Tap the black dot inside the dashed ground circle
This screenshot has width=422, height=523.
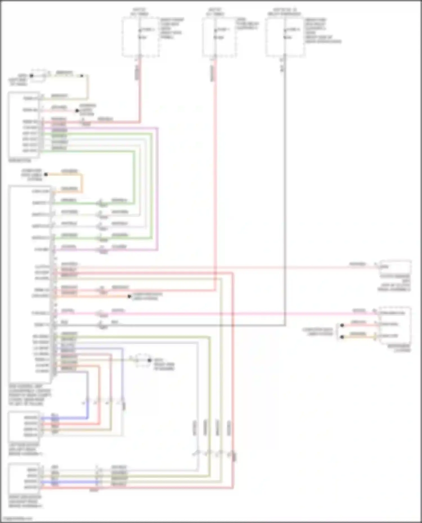point(149,360)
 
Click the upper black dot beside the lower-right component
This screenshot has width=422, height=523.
point(342,325)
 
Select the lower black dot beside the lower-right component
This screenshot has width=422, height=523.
point(342,337)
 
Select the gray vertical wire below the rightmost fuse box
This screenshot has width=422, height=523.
point(285,197)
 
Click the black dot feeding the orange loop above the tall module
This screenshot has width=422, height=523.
point(46,175)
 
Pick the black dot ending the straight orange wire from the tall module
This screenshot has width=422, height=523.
point(129,296)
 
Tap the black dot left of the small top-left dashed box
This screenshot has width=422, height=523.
point(32,76)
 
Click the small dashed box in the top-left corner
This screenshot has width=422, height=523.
point(38,75)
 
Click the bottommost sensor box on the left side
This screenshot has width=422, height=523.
point(24,478)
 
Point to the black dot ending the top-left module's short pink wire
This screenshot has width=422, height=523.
point(77,110)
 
